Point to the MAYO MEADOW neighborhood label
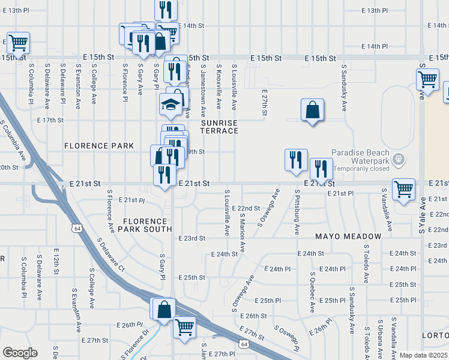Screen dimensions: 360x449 348,236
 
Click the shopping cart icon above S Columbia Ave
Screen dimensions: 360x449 18,43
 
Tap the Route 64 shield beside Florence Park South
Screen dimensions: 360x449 76,228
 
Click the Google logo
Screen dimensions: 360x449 20,353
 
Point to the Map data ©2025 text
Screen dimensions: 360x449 423,355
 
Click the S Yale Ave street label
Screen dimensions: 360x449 422,215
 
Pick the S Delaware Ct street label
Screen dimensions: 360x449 110,254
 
